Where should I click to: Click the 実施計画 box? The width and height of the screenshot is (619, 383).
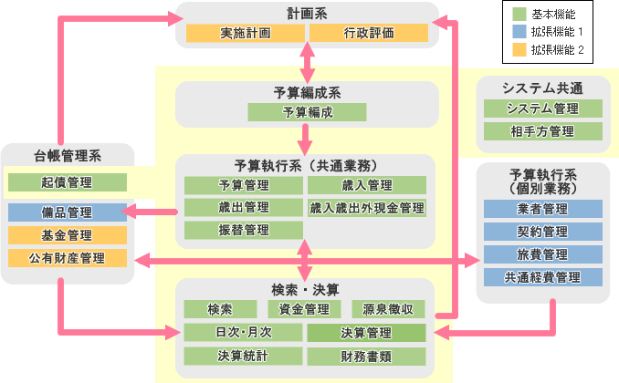click(x=245, y=34)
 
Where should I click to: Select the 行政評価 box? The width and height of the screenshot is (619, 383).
click(x=369, y=34)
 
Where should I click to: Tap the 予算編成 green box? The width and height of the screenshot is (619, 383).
click(x=308, y=113)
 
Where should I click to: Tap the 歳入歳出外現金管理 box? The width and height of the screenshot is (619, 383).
click(x=367, y=208)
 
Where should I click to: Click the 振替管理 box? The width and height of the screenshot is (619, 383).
click(x=244, y=230)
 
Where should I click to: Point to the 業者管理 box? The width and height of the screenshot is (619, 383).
click(x=542, y=209)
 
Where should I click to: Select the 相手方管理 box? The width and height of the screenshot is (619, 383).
click(x=542, y=131)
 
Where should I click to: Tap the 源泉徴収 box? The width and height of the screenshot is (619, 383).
click(x=388, y=310)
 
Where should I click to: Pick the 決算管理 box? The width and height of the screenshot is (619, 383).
click(x=366, y=333)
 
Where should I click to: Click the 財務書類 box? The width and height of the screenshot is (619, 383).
click(x=366, y=356)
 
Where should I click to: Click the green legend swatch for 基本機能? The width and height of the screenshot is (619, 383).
click(x=518, y=15)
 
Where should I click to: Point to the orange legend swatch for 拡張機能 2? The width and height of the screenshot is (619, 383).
click(x=518, y=49)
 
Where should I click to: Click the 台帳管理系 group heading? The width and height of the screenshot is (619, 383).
click(x=68, y=154)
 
